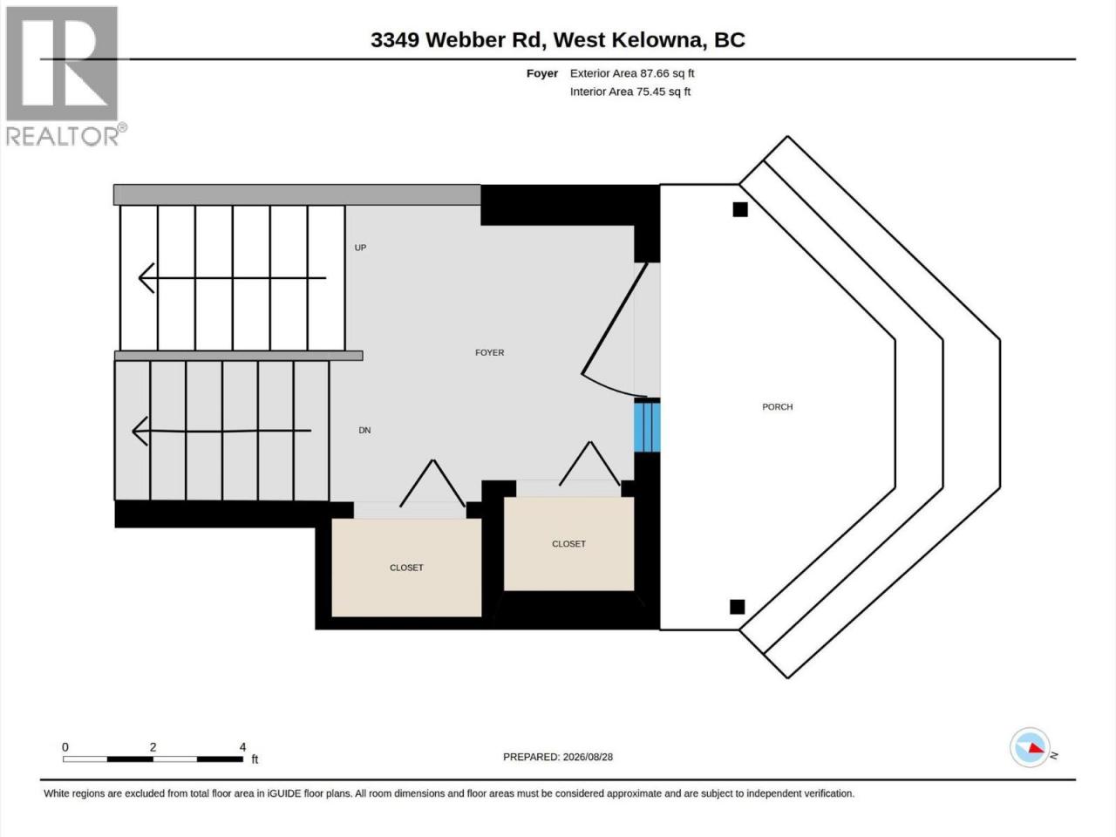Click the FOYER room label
(x=489, y=352)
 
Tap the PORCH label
(x=777, y=406)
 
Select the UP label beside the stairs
(x=360, y=248)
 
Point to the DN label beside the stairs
(x=364, y=430)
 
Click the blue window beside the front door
(x=647, y=425)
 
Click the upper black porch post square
(x=739, y=209)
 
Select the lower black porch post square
(x=738, y=607)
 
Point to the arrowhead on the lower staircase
(x=140, y=431)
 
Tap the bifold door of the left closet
(x=432, y=483)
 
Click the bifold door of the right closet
(x=589, y=463)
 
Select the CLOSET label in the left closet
(x=406, y=568)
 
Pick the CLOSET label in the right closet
(x=568, y=544)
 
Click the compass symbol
(x=1030, y=747)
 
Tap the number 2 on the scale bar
(x=153, y=747)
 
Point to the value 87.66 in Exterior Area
(x=655, y=73)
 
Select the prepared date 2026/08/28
(x=588, y=757)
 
